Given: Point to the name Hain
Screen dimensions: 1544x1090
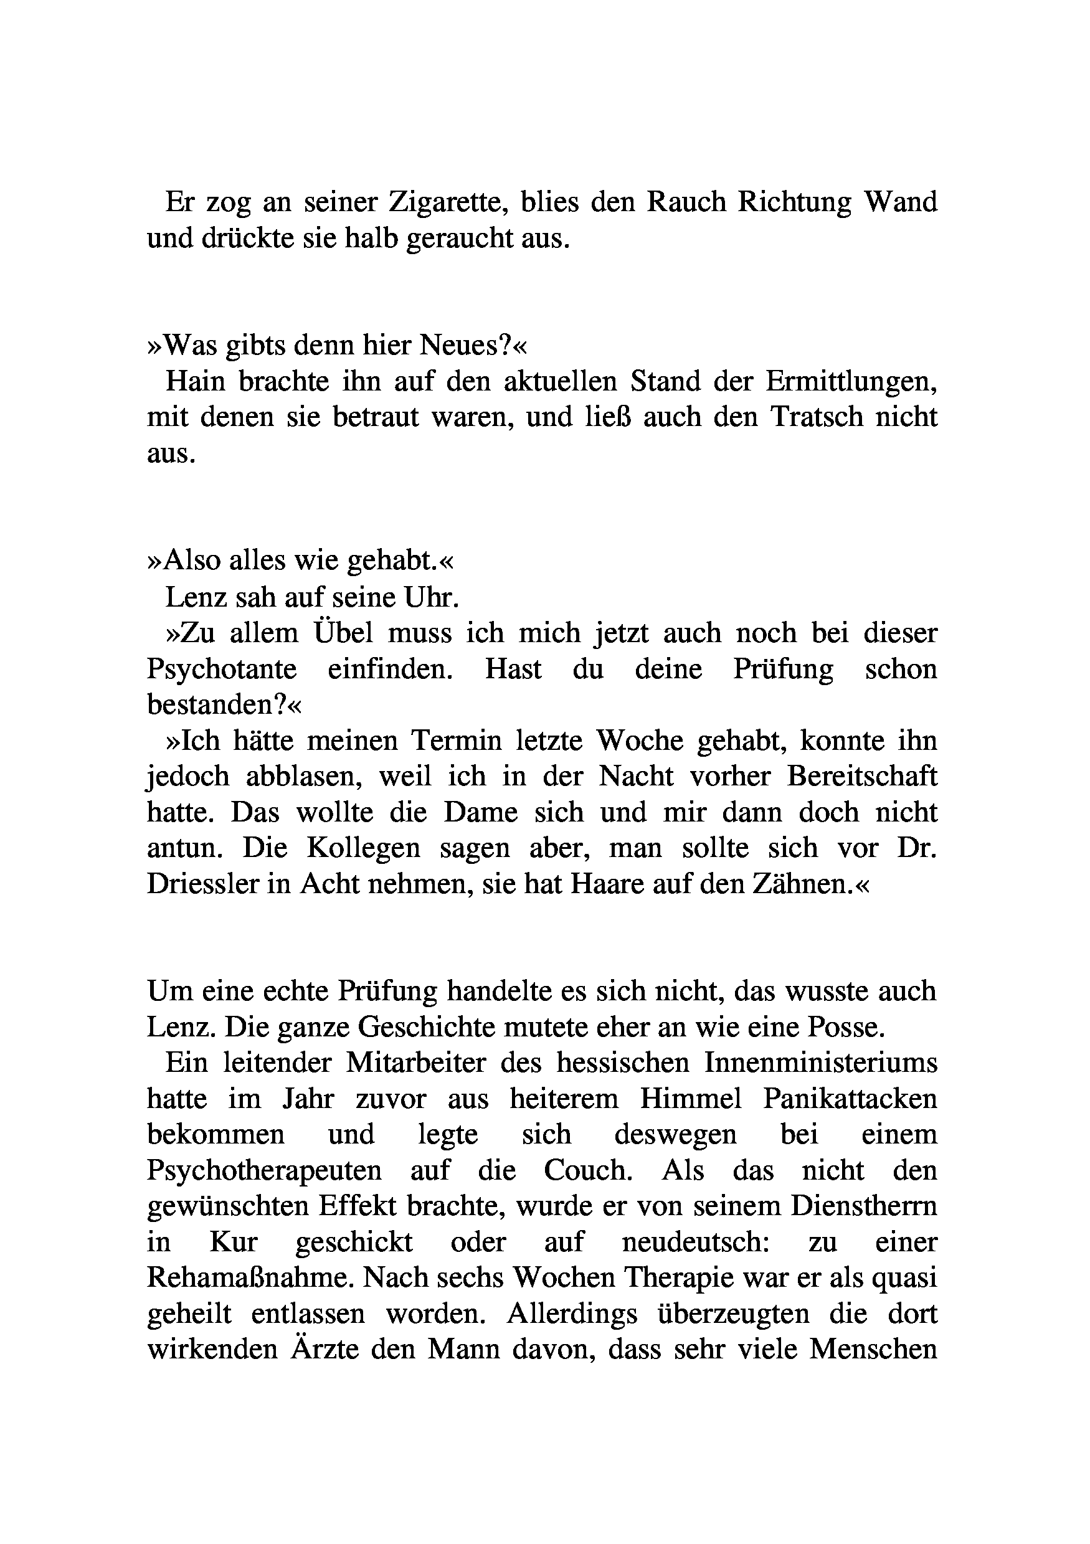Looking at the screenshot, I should point(195,382).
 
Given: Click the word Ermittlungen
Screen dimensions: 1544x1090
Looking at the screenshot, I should point(851,382).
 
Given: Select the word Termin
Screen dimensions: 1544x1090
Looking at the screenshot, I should point(457,741).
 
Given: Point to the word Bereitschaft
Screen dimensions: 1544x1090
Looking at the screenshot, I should point(862,777).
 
